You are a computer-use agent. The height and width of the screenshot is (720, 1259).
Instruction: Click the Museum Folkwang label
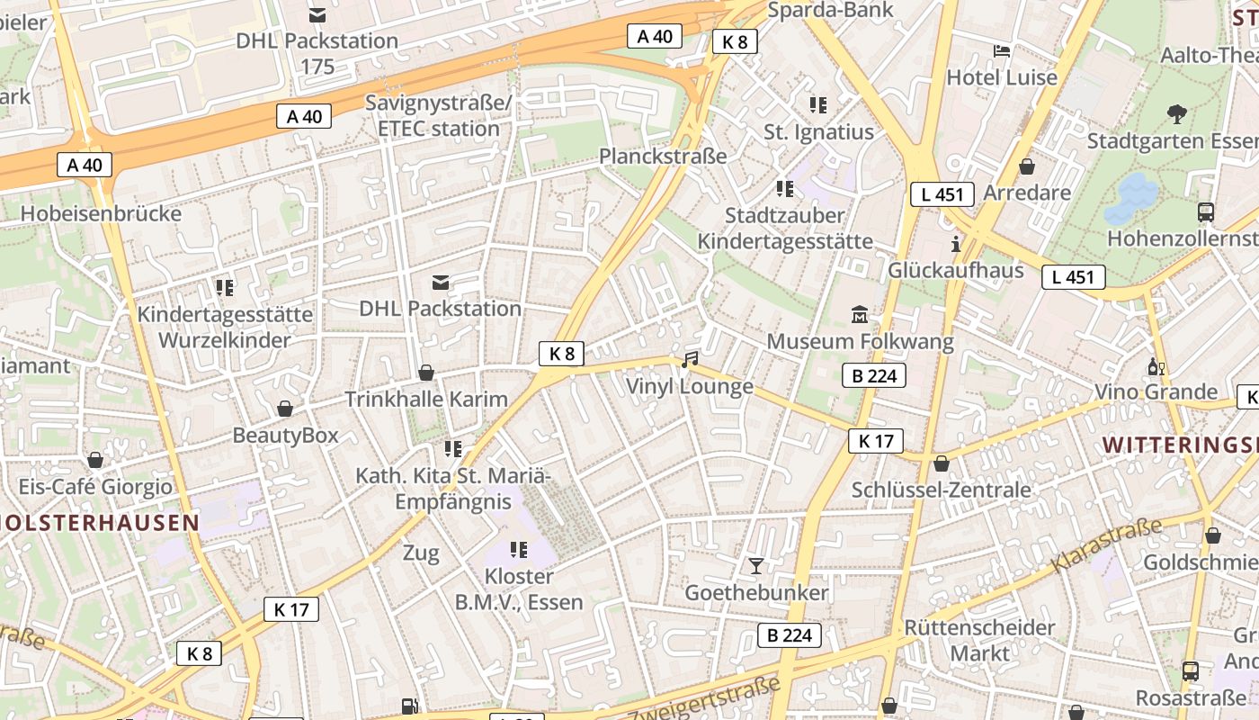(x=860, y=342)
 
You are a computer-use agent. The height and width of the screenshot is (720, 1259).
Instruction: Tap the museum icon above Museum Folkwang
(x=860, y=315)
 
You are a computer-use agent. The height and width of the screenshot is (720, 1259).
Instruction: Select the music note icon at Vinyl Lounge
(x=690, y=360)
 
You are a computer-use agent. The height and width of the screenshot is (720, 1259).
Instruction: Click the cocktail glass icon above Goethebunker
(x=756, y=566)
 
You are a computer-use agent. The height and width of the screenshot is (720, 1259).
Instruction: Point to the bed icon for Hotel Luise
(x=1002, y=50)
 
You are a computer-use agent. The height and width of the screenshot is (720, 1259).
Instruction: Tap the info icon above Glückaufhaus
(x=956, y=244)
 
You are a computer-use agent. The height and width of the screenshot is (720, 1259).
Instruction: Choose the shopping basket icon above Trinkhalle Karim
(x=426, y=373)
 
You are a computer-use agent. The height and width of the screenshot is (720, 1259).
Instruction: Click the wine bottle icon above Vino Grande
(x=1156, y=366)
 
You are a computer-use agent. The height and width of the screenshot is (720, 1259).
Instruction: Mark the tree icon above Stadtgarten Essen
(x=1176, y=113)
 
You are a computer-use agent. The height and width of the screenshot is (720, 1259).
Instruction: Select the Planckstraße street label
(x=663, y=156)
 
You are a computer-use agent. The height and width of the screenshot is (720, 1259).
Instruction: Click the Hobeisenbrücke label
(x=101, y=214)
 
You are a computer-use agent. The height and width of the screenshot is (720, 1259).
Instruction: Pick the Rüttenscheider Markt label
(x=979, y=640)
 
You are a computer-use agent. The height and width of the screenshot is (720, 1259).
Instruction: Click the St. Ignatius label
(x=818, y=132)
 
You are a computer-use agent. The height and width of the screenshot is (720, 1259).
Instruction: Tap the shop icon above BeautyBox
(x=285, y=409)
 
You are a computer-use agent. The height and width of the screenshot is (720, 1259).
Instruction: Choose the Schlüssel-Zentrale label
(x=941, y=490)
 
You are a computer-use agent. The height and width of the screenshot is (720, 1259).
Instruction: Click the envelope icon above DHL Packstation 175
(x=317, y=15)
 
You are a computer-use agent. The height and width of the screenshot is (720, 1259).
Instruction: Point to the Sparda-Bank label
(x=831, y=10)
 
